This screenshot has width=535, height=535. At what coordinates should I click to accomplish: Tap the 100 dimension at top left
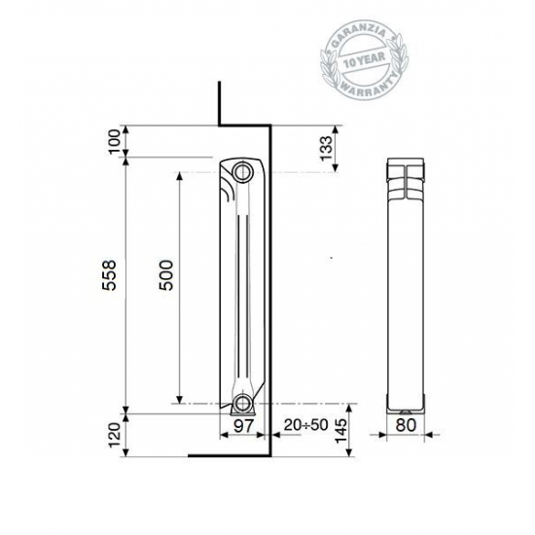[x=114, y=142]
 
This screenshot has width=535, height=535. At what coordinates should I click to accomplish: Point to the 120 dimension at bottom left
[x=114, y=435]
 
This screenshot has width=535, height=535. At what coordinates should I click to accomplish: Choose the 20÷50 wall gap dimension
[x=305, y=425]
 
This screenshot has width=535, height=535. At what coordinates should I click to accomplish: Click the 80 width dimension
[x=406, y=425]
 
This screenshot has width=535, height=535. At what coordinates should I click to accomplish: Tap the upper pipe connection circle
[x=241, y=173]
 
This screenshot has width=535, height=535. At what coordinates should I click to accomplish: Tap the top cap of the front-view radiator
[x=407, y=165]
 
